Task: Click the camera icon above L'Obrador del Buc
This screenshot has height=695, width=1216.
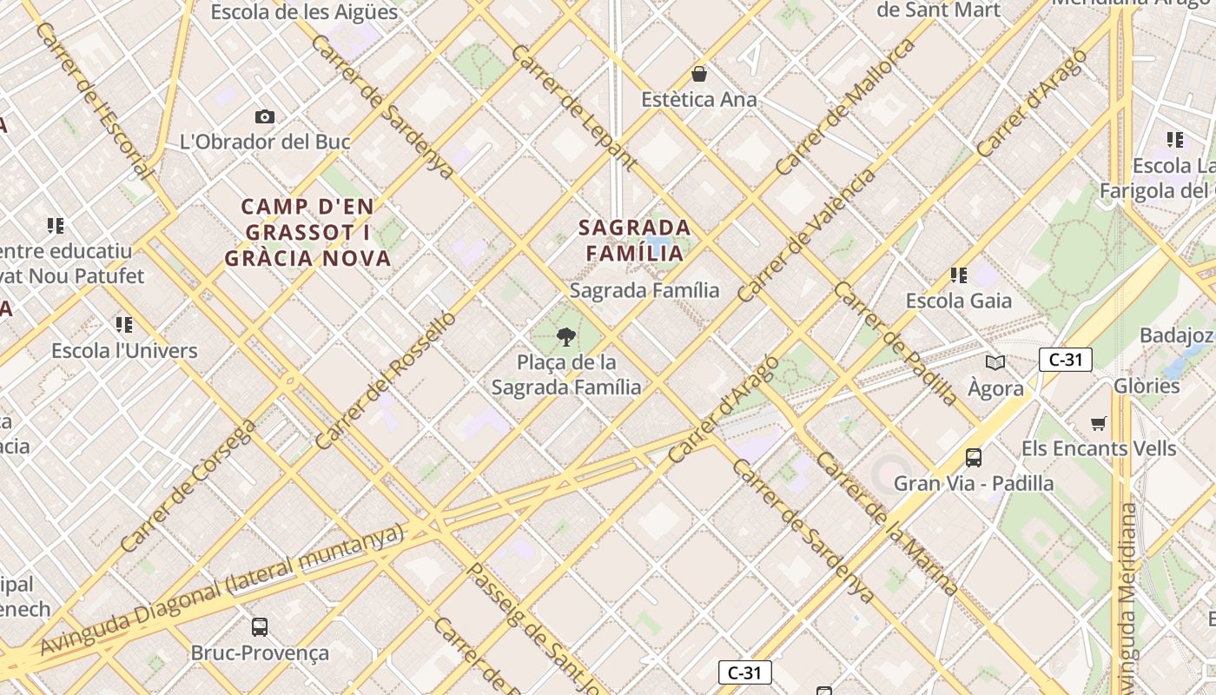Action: [265, 116]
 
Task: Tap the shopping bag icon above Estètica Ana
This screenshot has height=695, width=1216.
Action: [699, 74]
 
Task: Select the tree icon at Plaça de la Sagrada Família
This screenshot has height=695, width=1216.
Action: [566, 337]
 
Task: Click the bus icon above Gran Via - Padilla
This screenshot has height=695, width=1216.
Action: [974, 457]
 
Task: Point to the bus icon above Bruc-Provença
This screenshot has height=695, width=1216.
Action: [259, 626]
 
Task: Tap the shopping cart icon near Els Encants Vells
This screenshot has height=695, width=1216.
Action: [1099, 424]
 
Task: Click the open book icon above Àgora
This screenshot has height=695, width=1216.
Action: [995, 362]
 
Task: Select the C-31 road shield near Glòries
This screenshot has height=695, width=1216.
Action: [1065, 359]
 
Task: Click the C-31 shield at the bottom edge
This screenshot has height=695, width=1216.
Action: [744, 672]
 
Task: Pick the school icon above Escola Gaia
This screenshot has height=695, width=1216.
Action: [959, 275]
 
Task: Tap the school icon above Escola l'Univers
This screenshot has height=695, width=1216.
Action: [124, 325]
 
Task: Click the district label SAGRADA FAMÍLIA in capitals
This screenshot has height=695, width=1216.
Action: [635, 241]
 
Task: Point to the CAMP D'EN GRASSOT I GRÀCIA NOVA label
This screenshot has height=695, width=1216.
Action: [308, 233]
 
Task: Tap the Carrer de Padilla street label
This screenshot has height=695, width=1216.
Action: [895, 343]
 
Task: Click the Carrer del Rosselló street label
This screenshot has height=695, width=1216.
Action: [385, 381]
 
